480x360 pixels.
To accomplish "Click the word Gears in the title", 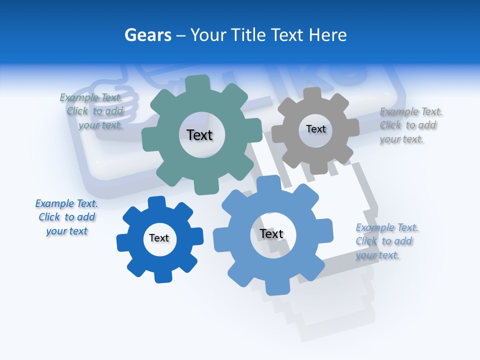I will [147, 35].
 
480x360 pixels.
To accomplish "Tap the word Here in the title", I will [327, 35].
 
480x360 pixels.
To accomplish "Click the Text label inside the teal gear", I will [199, 135].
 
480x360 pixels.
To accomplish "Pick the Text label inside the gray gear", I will [315, 129].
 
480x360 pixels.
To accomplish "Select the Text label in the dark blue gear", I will [159, 238].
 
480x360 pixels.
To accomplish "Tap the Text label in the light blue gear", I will [271, 234].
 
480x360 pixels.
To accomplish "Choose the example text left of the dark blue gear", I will [66, 217].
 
